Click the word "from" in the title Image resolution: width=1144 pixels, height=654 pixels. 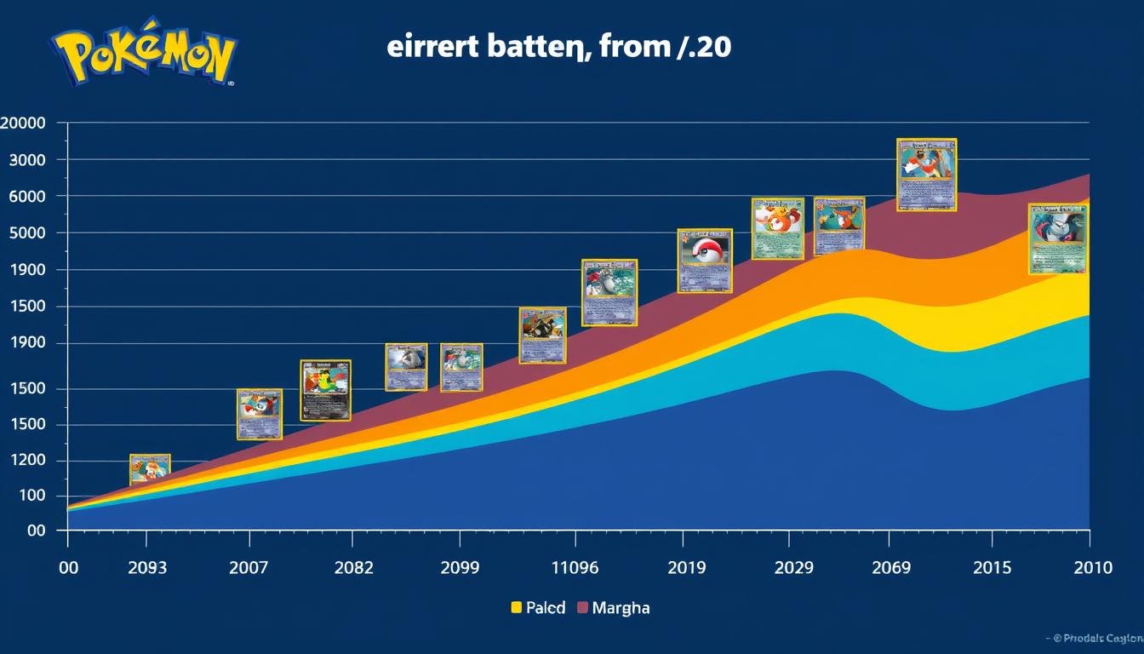pos(631,46)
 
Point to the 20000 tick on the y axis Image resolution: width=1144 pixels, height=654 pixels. pos(23,123)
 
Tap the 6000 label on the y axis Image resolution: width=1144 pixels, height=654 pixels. pos(26,196)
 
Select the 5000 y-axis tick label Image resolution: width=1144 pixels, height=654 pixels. pos(26,233)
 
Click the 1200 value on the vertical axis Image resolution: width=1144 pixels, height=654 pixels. pos(26,462)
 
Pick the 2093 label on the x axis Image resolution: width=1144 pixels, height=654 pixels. pos(146,568)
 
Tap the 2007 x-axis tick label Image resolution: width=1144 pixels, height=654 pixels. pos(249,568)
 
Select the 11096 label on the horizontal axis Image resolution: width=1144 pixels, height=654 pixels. pos(575,568)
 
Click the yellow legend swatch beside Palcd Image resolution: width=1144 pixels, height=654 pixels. pos(516,608)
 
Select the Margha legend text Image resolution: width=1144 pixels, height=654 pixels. pos(621,608)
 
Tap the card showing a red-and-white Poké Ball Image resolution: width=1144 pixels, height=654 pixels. pos(705,261)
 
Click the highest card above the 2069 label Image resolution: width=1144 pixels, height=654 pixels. pos(927,175)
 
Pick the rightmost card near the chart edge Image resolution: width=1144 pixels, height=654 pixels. pos(1058,238)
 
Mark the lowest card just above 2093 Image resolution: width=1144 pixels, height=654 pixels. pos(150,469)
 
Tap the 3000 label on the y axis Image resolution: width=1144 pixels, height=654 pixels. pos(26,160)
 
